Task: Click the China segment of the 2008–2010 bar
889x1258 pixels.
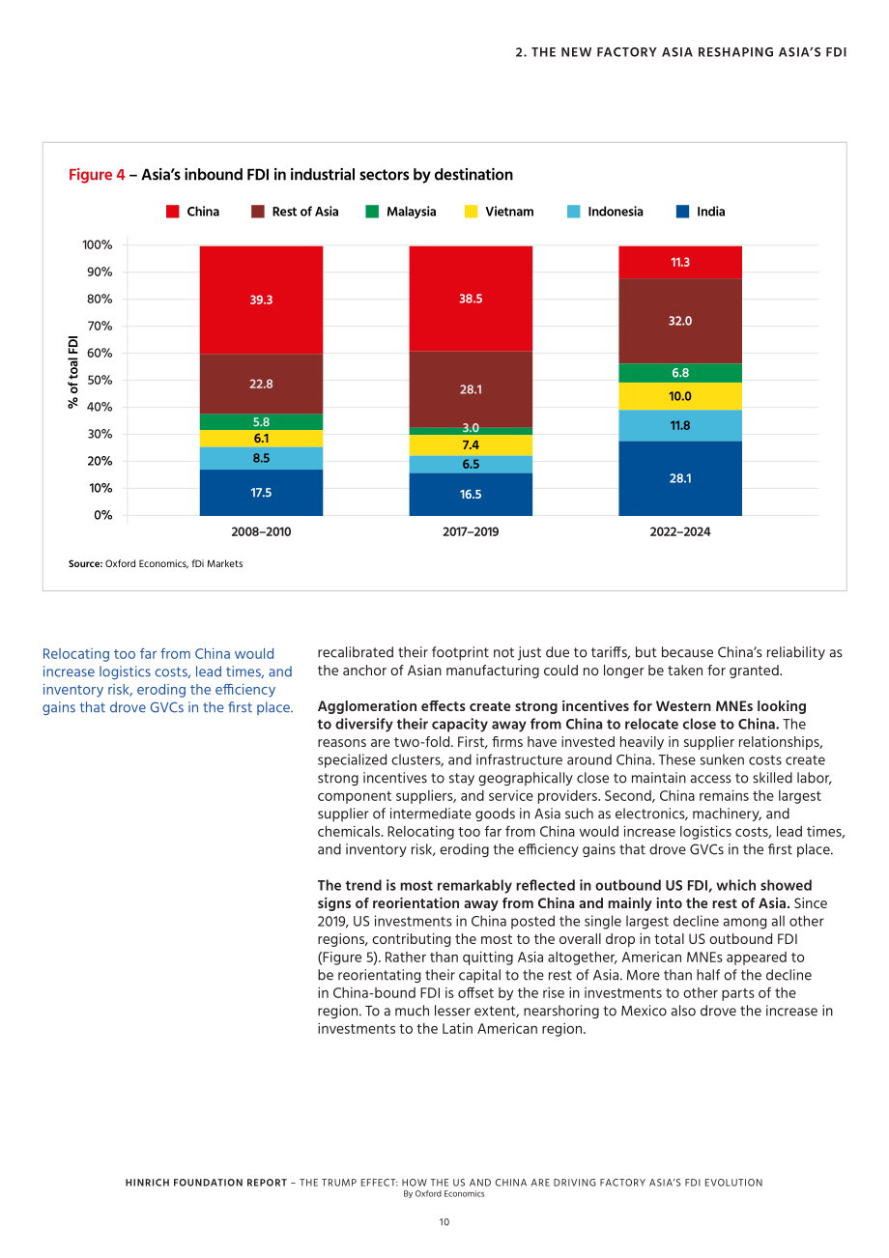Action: (x=261, y=300)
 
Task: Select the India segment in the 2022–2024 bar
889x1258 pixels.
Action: (x=680, y=478)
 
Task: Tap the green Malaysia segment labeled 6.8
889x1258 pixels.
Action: (x=680, y=373)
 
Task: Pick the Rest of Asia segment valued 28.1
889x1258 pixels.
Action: (x=471, y=389)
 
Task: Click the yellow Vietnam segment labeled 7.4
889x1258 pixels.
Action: (x=471, y=445)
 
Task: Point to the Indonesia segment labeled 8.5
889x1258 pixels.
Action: (x=261, y=458)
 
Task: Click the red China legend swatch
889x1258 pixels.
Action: (x=172, y=212)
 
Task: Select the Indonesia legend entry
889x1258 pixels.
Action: (x=605, y=212)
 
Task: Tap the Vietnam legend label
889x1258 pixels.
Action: (x=509, y=212)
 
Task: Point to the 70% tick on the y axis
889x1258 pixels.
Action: (x=100, y=327)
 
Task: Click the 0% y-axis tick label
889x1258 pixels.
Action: (x=102, y=516)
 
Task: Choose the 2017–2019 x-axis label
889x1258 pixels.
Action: (x=471, y=531)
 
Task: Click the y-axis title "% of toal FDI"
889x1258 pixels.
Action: (x=73, y=372)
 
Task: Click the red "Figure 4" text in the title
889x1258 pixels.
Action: (x=97, y=175)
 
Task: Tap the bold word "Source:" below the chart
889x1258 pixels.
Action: (x=85, y=564)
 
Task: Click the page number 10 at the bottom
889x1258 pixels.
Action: (x=444, y=1222)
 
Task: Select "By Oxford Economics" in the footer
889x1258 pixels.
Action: (x=444, y=1194)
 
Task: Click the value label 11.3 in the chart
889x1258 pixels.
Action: (x=680, y=262)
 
